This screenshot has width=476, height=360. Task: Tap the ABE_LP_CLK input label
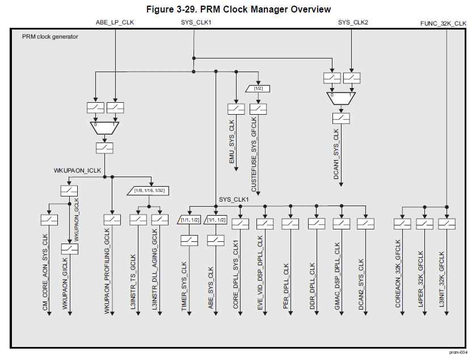pyautogui.click(x=115, y=23)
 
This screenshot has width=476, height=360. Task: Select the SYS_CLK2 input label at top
pyautogui.click(x=353, y=23)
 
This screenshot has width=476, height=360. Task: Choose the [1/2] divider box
pyautogui.click(x=258, y=89)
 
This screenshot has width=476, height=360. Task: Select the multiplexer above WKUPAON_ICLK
pyautogui.click(x=104, y=128)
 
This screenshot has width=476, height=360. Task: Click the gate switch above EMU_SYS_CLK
pyautogui.click(x=235, y=108)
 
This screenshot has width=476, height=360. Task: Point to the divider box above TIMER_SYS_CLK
pyautogui.click(x=189, y=220)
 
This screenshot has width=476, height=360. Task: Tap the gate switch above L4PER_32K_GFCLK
pyautogui.click(x=424, y=224)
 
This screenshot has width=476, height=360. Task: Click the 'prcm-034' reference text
pyautogui.click(x=458, y=353)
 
